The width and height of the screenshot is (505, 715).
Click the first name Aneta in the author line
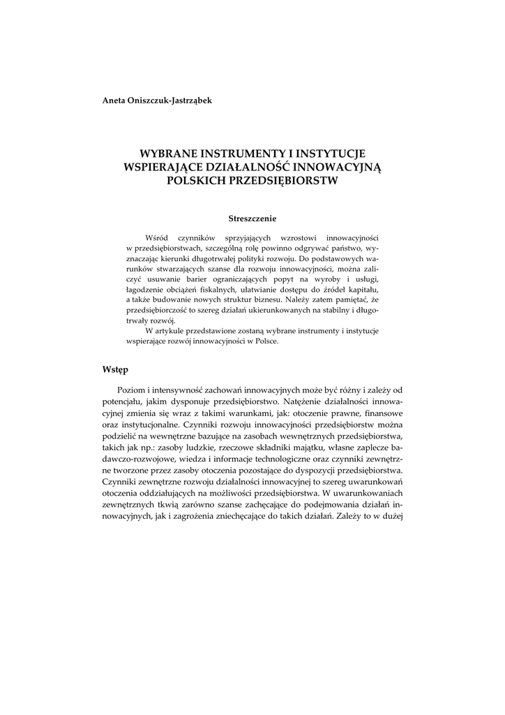click(x=116, y=100)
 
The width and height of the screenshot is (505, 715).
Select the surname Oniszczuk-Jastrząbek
click(x=172, y=100)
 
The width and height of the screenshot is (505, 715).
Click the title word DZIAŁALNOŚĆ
click(x=246, y=168)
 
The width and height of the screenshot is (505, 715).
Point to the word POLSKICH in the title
click(x=198, y=181)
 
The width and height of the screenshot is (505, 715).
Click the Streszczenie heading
click(x=252, y=219)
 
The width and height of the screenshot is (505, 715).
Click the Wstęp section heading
click(x=115, y=367)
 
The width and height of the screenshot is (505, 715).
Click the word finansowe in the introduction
click(x=379, y=413)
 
